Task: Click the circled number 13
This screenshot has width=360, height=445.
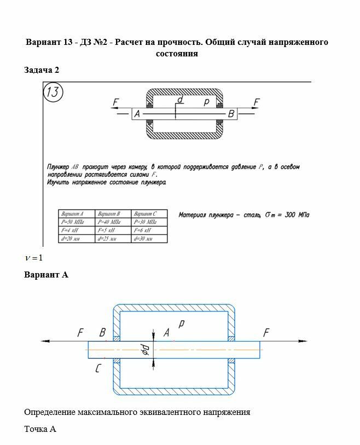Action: click(x=54, y=93)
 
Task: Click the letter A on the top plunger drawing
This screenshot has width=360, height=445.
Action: click(x=137, y=114)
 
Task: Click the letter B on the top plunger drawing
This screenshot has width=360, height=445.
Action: click(x=231, y=114)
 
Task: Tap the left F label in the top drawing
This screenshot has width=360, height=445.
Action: click(x=115, y=102)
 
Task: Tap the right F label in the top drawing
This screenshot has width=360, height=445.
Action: click(x=257, y=102)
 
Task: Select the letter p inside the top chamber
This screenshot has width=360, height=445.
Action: click(x=206, y=101)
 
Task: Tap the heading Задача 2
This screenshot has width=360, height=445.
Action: click(x=42, y=70)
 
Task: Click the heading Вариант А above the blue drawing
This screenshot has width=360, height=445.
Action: click(x=46, y=274)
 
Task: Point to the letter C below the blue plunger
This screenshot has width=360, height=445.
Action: click(x=97, y=369)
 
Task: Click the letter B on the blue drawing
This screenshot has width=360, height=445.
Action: click(x=102, y=332)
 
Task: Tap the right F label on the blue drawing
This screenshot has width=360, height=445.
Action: click(x=266, y=332)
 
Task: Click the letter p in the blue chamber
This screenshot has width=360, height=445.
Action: click(x=181, y=324)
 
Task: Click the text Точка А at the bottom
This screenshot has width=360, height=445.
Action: click(x=40, y=429)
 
